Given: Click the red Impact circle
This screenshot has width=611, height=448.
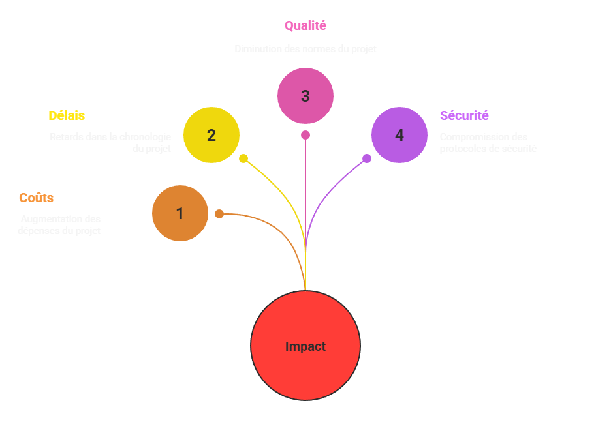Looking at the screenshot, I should [x=305, y=346].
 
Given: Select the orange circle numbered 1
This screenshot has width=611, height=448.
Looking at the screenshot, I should [x=180, y=213].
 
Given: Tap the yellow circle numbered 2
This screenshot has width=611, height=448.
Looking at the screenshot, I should [x=211, y=135].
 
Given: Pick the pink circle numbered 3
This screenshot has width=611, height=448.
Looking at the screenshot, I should [x=305, y=96].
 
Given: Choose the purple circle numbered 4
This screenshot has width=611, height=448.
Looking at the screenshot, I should [x=399, y=135].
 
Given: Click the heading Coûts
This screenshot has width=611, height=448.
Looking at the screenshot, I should [x=37, y=198].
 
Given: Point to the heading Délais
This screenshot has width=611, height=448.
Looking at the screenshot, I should [x=67, y=115].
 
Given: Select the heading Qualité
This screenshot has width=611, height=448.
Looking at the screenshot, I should [x=305, y=26].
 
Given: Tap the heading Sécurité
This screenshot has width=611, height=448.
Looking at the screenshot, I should [x=464, y=115].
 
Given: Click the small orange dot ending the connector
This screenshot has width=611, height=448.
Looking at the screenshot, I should [x=219, y=213].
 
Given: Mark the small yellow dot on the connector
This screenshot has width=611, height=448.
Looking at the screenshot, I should [x=243, y=158].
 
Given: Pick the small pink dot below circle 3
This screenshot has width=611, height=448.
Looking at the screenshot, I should [x=305, y=135].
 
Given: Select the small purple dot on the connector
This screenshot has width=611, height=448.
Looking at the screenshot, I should [x=367, y=158].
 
